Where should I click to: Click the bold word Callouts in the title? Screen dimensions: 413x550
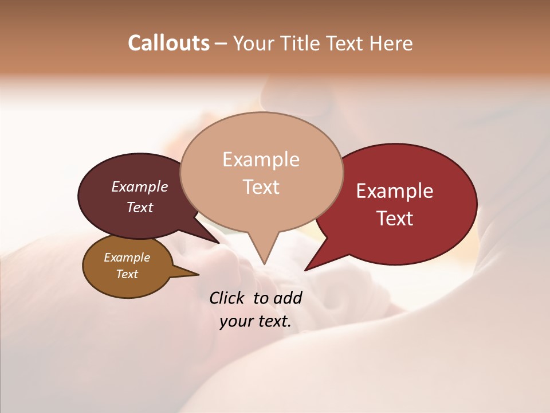[168, 43]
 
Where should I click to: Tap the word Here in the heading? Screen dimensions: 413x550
[391, 43]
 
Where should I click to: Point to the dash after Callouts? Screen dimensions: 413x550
[221, 44]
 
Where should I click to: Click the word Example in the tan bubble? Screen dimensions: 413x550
[261, 159]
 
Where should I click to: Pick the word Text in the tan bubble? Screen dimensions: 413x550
[261, 187]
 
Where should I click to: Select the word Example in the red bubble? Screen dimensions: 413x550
[395, 191]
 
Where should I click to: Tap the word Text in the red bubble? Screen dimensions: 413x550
[395, 219]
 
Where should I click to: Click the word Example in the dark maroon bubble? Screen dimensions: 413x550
[140, 186]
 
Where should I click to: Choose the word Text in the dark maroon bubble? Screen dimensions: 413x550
[140, 207]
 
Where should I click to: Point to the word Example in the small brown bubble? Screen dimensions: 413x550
[127, 258]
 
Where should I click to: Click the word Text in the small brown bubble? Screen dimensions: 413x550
[127, 274]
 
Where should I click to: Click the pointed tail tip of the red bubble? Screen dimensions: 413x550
[305, 270]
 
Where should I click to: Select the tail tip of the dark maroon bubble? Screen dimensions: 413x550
[218, 243]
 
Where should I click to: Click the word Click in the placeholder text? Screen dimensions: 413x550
[228, 298]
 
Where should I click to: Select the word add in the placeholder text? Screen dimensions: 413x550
[288, 298]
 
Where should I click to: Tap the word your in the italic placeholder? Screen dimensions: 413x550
[236, 322]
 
